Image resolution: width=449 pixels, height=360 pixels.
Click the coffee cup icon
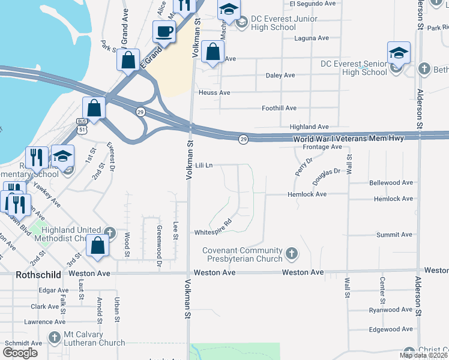163,31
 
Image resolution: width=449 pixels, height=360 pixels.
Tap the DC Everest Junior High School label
275,23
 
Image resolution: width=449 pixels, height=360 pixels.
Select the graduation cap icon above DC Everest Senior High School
399,53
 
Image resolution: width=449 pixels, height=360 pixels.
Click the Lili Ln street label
204,164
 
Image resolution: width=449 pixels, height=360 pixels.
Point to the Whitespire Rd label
212,232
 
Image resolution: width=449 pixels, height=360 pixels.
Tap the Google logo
20,353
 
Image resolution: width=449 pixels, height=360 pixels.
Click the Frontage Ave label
322,147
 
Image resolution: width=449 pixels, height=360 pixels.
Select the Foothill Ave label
279,108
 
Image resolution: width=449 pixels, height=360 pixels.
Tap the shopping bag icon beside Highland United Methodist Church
97,245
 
